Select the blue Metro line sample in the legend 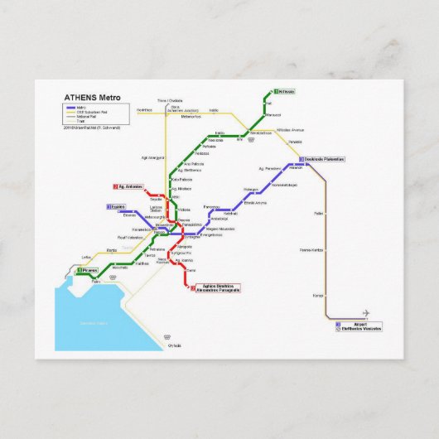69,108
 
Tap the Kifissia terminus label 287,92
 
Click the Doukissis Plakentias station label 323,158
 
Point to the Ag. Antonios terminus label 130,186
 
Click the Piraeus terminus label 89,270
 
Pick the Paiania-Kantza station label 311,248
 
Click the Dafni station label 191,270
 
